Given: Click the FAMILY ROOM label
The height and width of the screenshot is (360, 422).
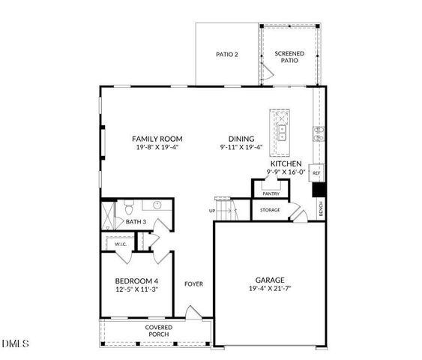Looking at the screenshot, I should [157, 139].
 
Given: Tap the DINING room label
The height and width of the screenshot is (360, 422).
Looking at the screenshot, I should [241, 139].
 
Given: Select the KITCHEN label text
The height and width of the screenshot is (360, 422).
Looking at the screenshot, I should [286, 163].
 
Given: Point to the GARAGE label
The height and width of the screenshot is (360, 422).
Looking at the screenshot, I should [269, 278].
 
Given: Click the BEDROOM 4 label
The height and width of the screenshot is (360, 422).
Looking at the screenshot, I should [136, 281].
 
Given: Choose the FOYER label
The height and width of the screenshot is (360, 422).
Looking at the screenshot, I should [194, 284].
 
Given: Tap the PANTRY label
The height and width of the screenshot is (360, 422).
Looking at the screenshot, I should [271, 193].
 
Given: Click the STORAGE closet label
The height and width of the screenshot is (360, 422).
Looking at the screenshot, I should [270, 210].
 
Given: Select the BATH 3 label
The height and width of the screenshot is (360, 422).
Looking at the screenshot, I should [136, 222].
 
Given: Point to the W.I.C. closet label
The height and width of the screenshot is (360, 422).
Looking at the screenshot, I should [120, 244].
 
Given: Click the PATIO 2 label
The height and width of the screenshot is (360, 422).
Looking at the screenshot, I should [226, 55].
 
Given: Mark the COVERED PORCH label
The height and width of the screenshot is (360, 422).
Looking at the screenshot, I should [158, 331].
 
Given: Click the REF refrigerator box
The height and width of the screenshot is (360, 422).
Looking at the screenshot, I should [316, 173].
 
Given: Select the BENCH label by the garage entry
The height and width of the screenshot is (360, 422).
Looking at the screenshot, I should [321, 210].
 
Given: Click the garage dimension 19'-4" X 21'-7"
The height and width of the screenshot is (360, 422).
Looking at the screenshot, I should [269, 289].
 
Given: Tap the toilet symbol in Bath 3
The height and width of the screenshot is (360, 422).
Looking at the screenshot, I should [129, 206].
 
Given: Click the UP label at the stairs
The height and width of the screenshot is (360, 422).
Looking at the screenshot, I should [212, 211].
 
